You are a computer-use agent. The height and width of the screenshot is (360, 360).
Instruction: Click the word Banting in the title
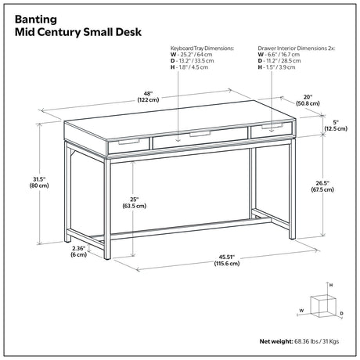36,20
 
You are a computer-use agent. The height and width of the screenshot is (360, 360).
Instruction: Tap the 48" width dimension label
148,96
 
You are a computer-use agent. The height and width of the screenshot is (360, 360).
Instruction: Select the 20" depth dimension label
308,100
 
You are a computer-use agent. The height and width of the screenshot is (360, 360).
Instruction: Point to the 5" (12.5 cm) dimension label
336,125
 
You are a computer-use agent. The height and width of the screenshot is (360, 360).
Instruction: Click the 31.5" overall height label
39,182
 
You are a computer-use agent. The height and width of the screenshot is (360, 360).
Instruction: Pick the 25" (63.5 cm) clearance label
135,203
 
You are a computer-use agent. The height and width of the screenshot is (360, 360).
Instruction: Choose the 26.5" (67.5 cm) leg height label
322,186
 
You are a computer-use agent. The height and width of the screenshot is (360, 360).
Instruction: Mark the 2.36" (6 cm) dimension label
78,251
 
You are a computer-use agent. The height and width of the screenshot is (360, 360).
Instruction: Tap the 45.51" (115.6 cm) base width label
227,260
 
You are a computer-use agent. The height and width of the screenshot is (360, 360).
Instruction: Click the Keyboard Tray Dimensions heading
202,49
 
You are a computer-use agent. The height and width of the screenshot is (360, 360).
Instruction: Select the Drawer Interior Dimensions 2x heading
297,49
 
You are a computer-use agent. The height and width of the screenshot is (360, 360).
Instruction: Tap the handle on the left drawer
129,142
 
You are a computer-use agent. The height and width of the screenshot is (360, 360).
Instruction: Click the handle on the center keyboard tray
200,135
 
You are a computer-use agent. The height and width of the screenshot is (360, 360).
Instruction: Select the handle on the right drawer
272,126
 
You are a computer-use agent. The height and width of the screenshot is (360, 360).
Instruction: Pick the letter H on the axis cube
331,285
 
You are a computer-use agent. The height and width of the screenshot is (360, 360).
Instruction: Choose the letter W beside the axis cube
301,311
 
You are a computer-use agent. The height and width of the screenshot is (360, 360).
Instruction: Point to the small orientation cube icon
322,306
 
